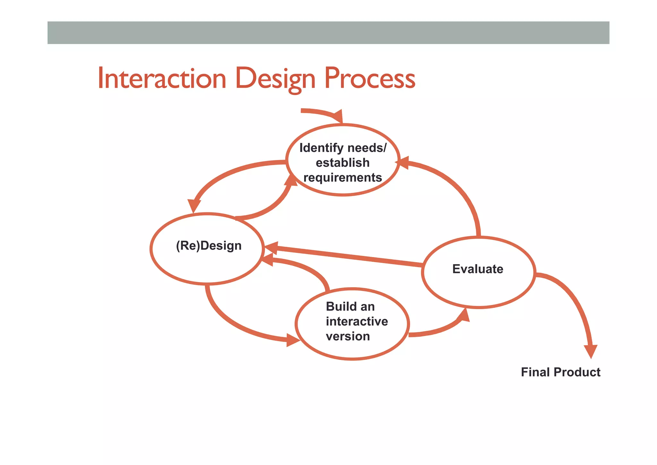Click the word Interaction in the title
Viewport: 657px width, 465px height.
(x=162, y=78)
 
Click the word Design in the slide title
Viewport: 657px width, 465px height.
(x=275, y=78)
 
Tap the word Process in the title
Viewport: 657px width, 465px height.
(x=370, y=78)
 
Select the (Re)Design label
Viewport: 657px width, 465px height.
(x=209, y=246)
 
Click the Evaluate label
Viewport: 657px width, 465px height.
(x=478, y=269)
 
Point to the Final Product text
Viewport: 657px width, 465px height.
(x=560, y=372)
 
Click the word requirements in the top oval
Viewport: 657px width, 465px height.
(x=343, y=178)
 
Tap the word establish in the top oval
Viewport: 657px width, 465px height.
(x=343, y=163)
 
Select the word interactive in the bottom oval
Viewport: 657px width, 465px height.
(x=357, y=321)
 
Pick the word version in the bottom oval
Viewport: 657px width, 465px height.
(x=348, y=336)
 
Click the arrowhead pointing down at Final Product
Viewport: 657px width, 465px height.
(x=591, y=351)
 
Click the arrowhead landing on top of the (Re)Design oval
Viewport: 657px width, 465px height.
(x=194, y=206)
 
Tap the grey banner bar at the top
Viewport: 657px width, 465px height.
(x=328, y=33)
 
